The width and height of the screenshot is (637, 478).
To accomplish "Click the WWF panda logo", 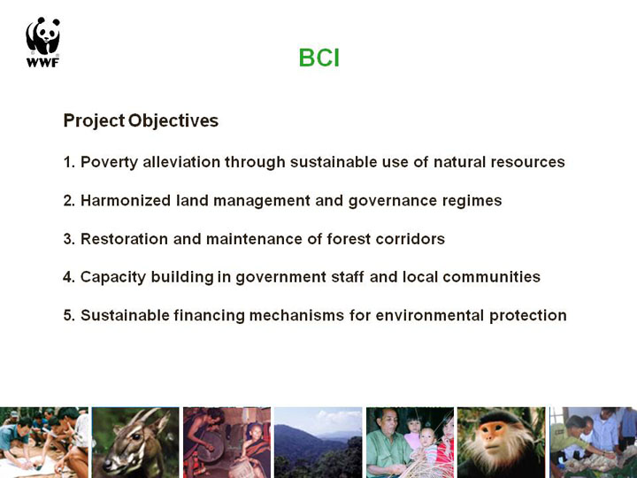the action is pos(42,42).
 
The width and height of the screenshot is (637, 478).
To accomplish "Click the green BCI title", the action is pos(318,58).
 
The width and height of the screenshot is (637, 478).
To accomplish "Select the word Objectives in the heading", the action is pos(173,120).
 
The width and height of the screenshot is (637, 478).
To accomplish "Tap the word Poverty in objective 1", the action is pos(110,162).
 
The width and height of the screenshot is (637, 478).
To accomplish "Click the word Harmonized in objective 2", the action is pos(126,200).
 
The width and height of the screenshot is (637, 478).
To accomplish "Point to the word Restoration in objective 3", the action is pos(125,239).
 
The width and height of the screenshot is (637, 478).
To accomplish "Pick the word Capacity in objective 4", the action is pos(113,277).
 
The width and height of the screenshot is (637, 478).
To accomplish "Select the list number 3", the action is pos(69,239).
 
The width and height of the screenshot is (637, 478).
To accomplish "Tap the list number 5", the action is pos(69,315).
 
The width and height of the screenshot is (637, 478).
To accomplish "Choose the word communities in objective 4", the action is pos(492,277).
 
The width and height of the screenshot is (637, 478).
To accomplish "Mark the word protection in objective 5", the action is pos(527,316).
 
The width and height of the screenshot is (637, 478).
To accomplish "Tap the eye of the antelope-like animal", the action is pos(135,437).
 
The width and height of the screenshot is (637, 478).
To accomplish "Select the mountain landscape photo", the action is pos(318,443).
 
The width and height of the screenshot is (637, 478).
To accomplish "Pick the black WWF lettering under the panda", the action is pos(42,62).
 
